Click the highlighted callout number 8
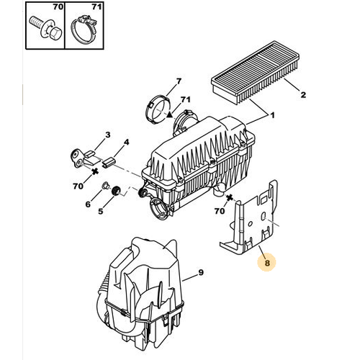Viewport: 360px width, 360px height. tap(267, 263)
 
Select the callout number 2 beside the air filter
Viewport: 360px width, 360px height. tap(303, 94)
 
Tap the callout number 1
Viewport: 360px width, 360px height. tap(272, 115)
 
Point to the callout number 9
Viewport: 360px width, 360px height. tap(201, 272)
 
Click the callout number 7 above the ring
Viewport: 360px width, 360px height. tap(178, 81)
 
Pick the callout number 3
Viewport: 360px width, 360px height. tap(108, 135)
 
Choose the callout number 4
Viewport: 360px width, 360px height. tap(126, 142)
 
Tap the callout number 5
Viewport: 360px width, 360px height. tap(100, 211)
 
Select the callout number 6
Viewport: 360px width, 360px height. tap(88, 204)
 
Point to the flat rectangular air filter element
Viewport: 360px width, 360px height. tap(255, 73)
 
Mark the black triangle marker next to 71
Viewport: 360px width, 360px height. tap(170, 114)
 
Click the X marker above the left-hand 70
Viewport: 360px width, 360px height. tap(95, 171)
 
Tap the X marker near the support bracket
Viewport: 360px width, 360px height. tap(230, 197)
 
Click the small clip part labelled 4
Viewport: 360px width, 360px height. tap(109, 162)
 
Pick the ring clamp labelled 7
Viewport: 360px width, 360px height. tap(158, 109)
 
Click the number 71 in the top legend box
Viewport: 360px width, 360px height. tap(96, 6)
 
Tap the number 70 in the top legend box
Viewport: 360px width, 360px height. tap(58, 6)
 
